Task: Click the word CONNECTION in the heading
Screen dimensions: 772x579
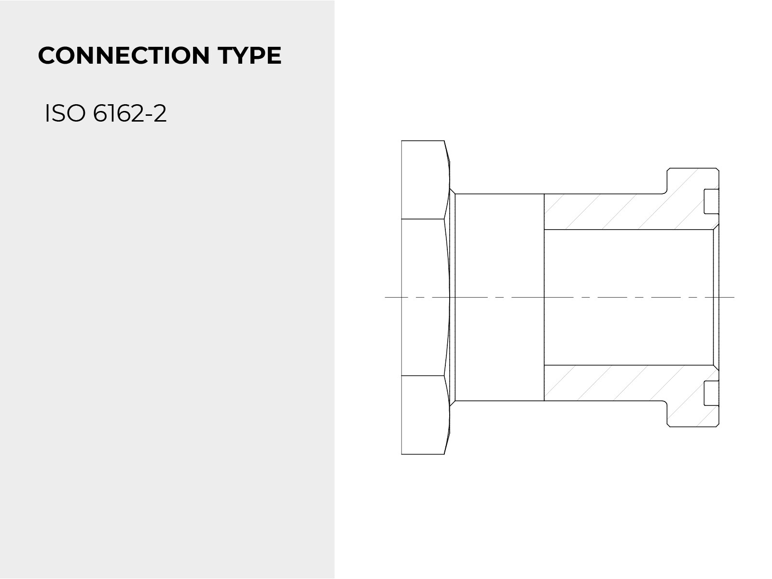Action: pyautogui.click(x=124, y=55)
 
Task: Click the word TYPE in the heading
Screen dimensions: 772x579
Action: pyautogui.click(x=249, y=55)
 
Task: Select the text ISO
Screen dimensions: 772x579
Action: pyautogui.click(x=66, y=113)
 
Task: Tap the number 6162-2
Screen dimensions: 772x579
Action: pyautogui.click(x=129, y=113)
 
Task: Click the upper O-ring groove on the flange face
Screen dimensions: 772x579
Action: pyautogui.click(x=711, y=201)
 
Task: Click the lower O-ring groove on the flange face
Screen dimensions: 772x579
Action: pyautogui.click(x=711, y=393)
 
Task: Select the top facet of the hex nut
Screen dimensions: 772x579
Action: pyautogui.click(x=424, y=179)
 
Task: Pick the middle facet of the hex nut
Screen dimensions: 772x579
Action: pyautogui.click(x=424, y=297)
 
